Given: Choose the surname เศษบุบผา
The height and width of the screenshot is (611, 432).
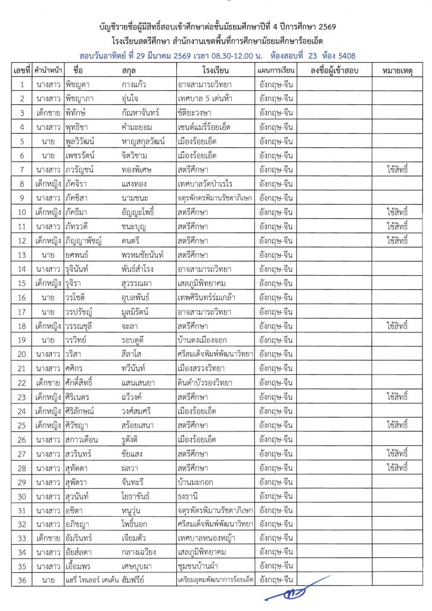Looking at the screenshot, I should (139, 566).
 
